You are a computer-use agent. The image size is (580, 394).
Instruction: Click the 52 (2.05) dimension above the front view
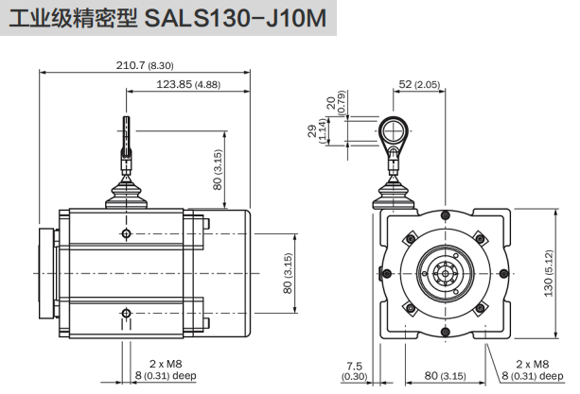(419, 85)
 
